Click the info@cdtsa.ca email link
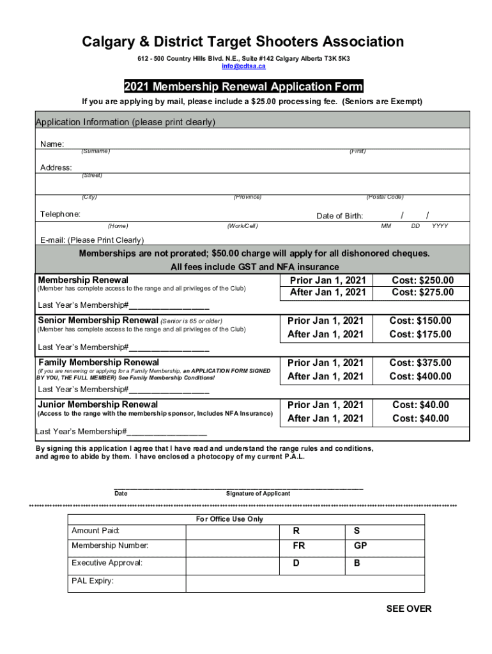pyautogui.click(x=243, y=66)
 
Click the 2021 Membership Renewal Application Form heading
pyautogui.click(x=243, y=87)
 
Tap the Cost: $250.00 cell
pyautogui.click(x=422, y=280)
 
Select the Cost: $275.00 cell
pyautogui.click(x=422, y=293)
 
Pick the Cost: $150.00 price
pyautogui.click(x=420, y=321)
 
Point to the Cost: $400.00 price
pyautogui.click(x=420, y=376)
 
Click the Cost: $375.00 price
pyautogui.click(x=420, y=363)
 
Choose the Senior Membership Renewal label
pyautogui.click(x=98, y=320)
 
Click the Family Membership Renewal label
pyautogui.click(x=98, y=362)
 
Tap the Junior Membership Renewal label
pyautogui.click(x=98, y=404)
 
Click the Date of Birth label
pyautogui.click(x=339, y=216)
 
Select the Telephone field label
pyautogui.click(x=61, y=214)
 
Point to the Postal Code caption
pyautogui.click(x=385, y=197)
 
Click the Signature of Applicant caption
pyautogui.click(x=258, y=494)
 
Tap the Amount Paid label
pyautogui.click(x=95, y=531)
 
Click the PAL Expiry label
pyautogui.click(x=93, y=581)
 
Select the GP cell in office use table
pyautogui.click(x=360, y=546)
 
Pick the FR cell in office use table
pyautogui.click(x=298, y=546)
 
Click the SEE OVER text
pyautogui.click(x=409, y=609)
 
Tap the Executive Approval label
pyautogui.click(x=107, y=563)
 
